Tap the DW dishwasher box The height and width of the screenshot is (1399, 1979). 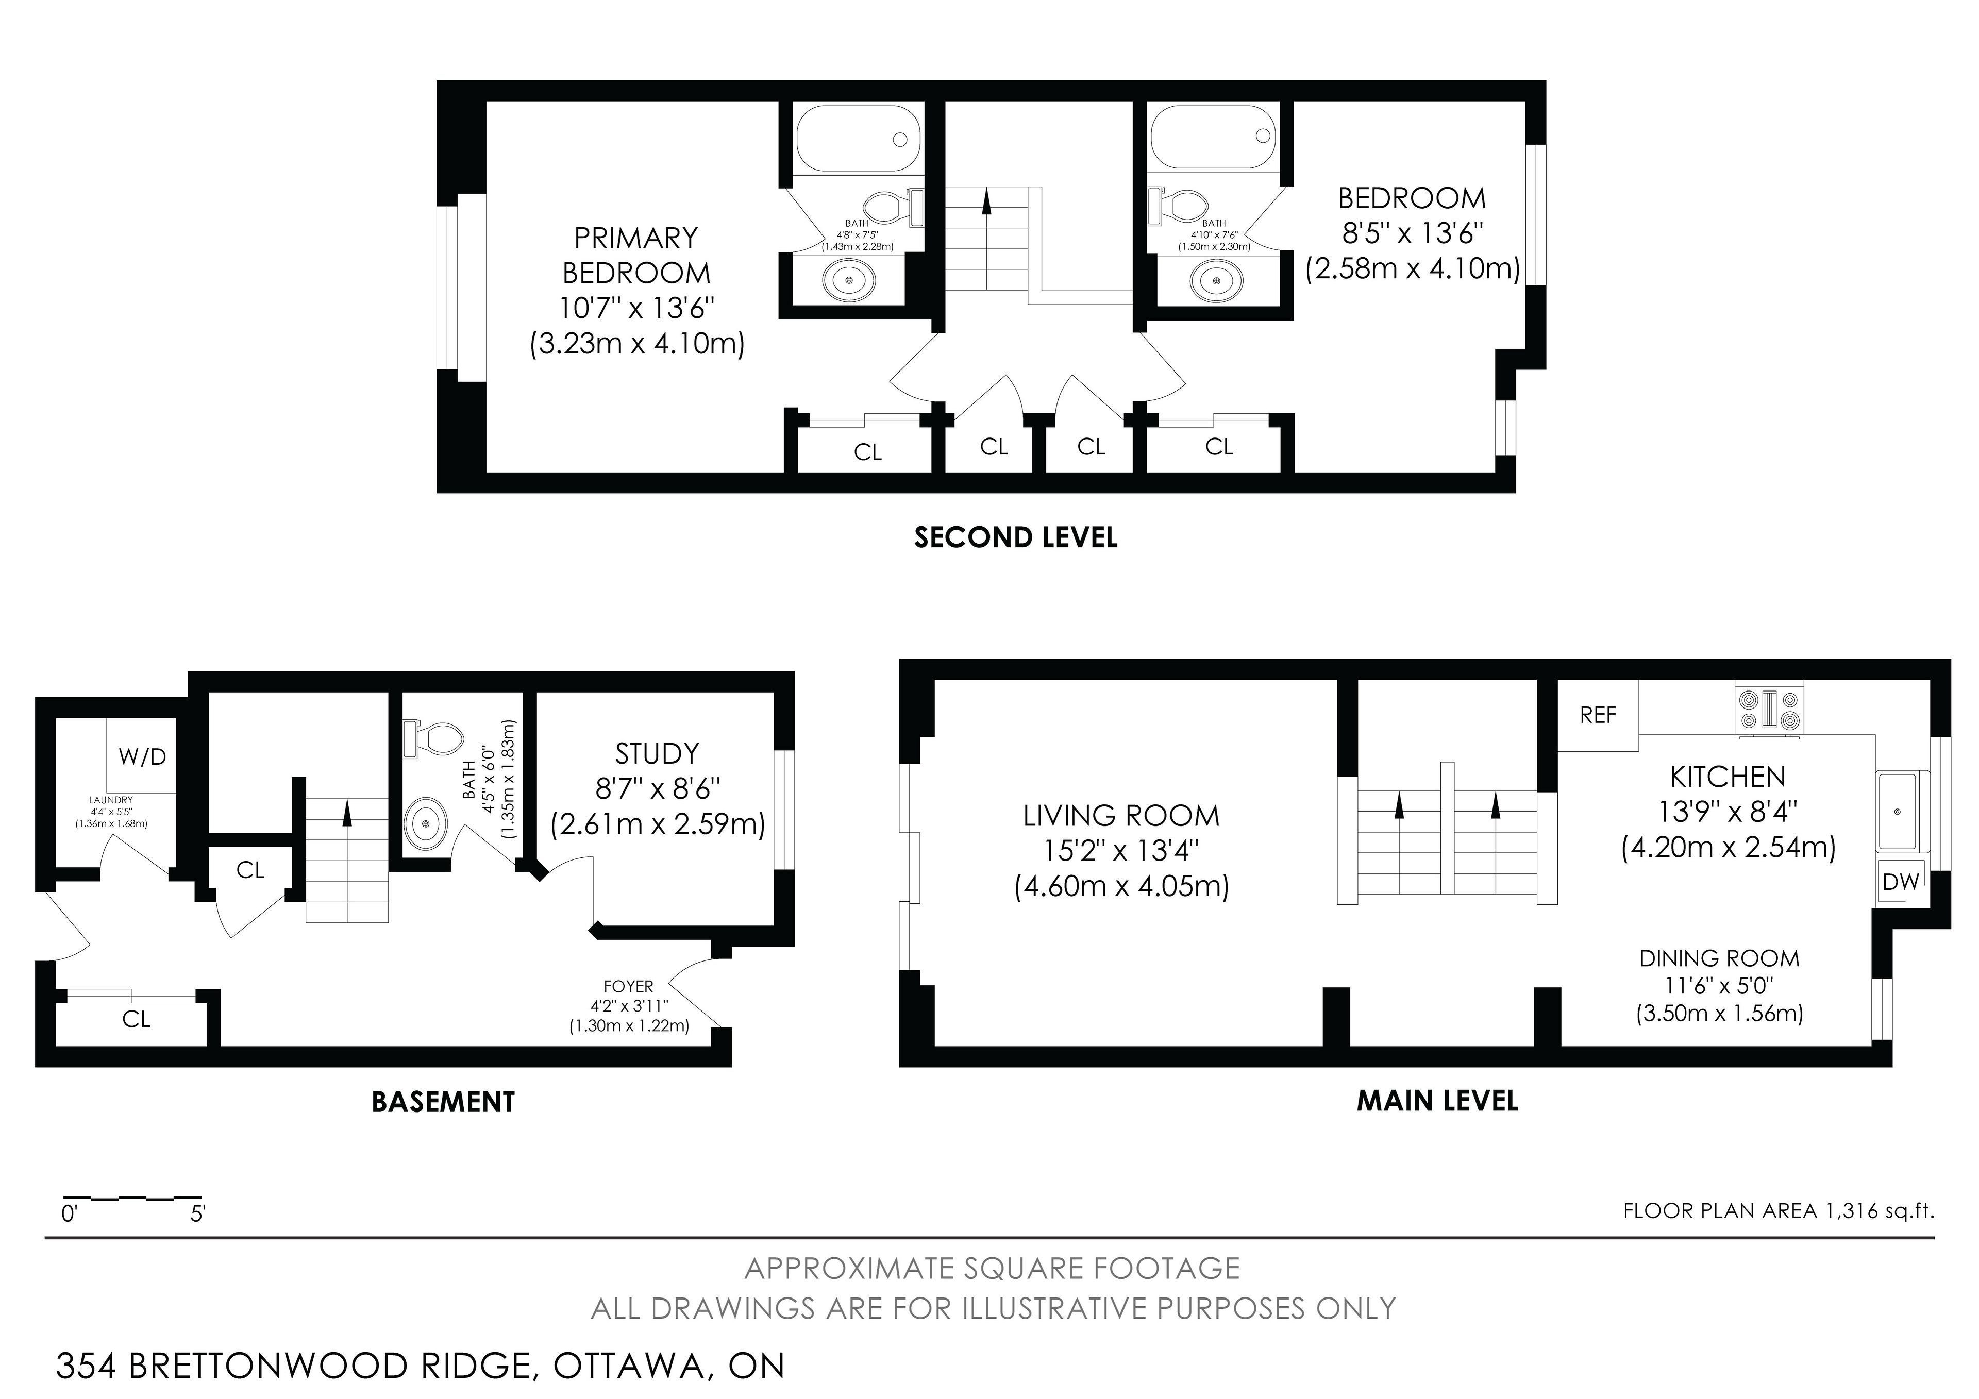coord(1901,882)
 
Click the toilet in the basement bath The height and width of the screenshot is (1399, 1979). coord(433,738)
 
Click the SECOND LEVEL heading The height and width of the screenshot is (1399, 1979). coord(1015,538)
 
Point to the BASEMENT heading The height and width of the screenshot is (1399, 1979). coord(443,1102)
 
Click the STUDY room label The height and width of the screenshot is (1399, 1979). coord(657,754)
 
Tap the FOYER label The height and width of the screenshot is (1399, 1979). coord(628,986)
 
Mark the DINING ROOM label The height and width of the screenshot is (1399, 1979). coord(1720,958)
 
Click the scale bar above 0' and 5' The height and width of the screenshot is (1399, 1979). coord(132,1198)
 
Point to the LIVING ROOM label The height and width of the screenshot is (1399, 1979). coord(1121,815)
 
